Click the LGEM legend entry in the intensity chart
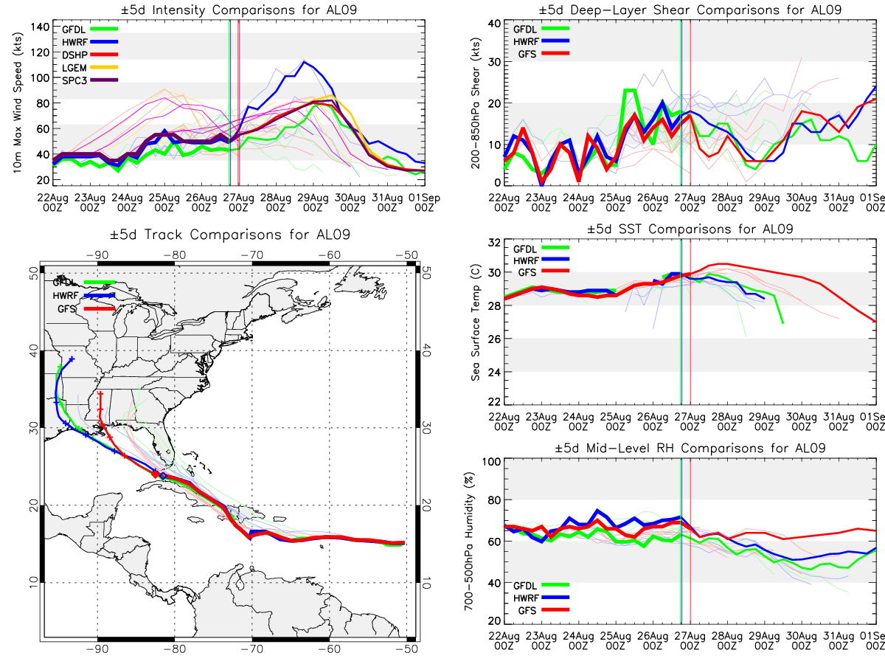point(89,67)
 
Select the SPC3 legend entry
point(89,80)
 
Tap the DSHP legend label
point(74,55)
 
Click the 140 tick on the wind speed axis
point(41,27)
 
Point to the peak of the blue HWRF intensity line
point(305,61)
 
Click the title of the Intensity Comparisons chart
point(239,10)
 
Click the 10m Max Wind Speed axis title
point(18,103)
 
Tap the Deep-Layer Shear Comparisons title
point(690,10)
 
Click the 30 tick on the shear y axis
point(495,62)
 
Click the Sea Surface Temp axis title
point(476,322)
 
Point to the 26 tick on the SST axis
point(495,339)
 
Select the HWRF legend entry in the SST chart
point(541,260)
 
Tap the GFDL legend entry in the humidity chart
point(541,585)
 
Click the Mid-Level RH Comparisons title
point(690,449)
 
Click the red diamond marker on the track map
point(156,474)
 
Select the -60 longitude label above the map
point(330,255)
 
